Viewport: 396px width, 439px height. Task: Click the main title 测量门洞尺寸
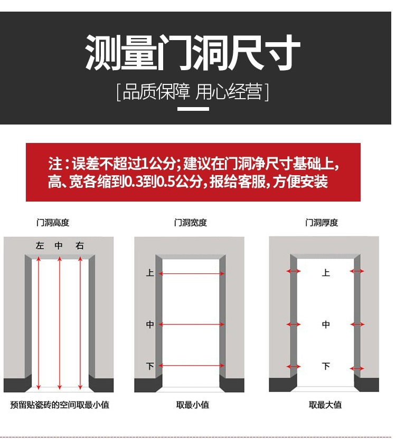coord(193,53)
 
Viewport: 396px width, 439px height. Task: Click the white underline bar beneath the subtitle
coord(193,109)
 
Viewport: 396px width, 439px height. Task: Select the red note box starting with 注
coord(193,172)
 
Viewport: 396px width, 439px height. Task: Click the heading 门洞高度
coord(53,223)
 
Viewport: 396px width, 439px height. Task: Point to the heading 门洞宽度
coord(191,223)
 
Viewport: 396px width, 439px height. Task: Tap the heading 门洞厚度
coord(322,223)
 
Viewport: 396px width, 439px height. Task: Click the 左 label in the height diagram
coord(40,246)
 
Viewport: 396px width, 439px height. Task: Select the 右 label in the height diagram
coord(80,246)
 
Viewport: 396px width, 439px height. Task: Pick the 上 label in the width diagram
coord(150,273)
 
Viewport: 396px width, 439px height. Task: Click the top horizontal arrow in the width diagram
coord(192,274)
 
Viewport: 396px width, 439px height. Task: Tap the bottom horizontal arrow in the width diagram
coord(192,366)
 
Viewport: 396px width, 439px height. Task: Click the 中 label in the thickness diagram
coord(326,325)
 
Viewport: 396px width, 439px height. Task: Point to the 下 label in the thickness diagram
coord(326,366)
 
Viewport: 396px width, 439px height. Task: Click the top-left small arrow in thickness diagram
coord(294,271)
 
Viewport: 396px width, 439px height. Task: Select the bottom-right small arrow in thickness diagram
coord(357,368)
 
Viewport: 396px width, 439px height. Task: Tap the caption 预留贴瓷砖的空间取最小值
coord(60,405)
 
